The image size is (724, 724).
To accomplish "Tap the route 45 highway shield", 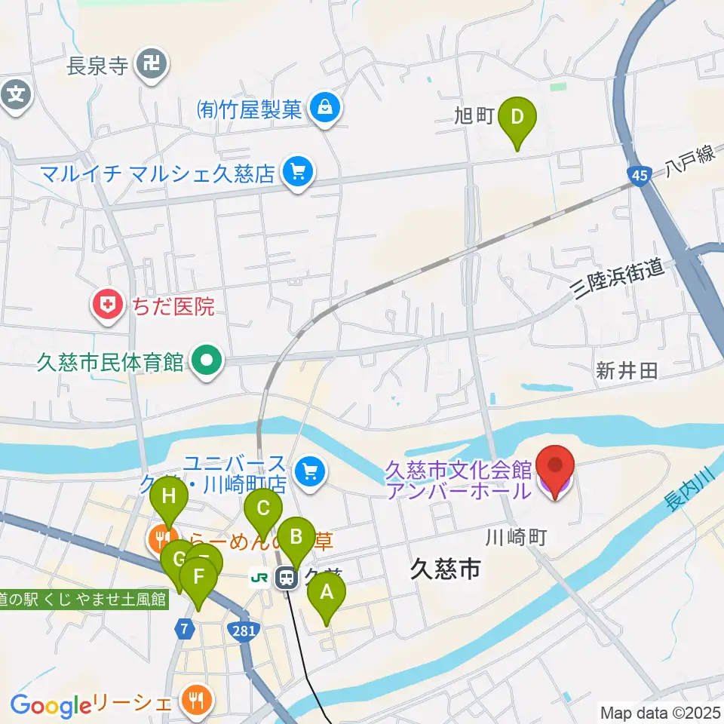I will pos(638,175).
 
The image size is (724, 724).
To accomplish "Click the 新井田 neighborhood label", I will pos(627,370).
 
